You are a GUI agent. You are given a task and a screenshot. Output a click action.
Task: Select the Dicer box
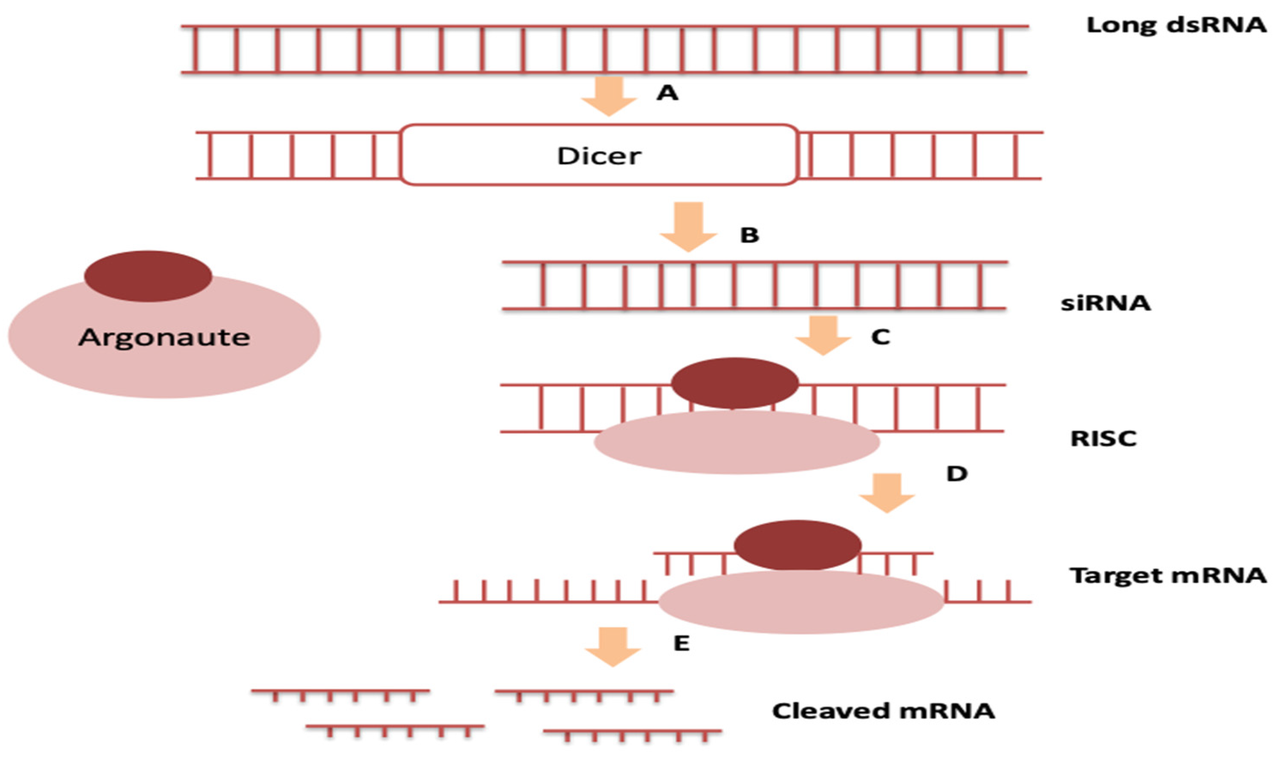pos(599,155)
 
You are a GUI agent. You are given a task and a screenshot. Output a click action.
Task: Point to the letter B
pos(749,235)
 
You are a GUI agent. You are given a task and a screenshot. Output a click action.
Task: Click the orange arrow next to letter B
pos(688,226)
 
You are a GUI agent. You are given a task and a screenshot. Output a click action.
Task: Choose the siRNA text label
pos(1105,303)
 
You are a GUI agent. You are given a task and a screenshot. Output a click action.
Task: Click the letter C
pos(880,337)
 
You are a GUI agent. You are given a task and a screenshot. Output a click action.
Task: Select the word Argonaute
pos(164,337)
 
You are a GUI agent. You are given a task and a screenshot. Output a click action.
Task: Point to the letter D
pos(956,473)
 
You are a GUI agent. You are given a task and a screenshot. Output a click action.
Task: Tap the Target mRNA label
pos(1168,575)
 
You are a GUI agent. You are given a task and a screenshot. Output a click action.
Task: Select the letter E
pos(681,643)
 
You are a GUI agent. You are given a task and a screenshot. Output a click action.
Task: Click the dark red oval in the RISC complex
pos(735,382)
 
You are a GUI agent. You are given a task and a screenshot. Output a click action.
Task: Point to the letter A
pos(667,93)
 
